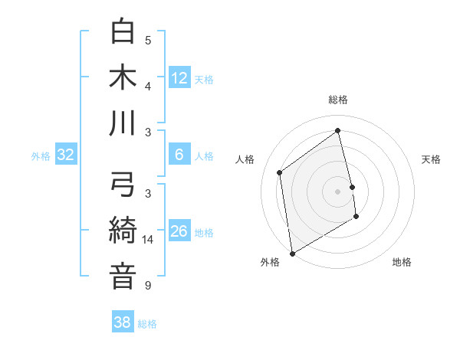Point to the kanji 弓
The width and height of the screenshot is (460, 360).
(x=123, y=185)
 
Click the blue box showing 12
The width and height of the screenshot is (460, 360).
(x=179, y=78)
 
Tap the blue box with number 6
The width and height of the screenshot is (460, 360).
(x=179, y=155)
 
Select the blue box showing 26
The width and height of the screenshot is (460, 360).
(x=179, y=231)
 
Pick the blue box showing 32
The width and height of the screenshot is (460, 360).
(x=66, y=155)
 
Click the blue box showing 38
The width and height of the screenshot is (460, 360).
(x=123, y=323)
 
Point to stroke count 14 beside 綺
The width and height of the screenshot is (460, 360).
(x=148, y=240)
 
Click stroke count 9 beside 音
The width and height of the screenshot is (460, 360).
(x=148, y=286)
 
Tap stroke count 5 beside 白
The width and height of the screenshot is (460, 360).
(x=148, y=41)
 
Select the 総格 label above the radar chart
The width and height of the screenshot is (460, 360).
(x=337, y=100)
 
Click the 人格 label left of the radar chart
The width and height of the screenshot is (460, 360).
(x=245, y=159)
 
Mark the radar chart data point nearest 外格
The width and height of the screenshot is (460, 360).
(x=291, y=253)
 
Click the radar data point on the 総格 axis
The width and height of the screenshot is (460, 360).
(x=337, y=130)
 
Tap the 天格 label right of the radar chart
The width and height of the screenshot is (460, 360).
(x=431, y=159)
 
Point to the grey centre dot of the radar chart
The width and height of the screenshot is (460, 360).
(x=337, y=191)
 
